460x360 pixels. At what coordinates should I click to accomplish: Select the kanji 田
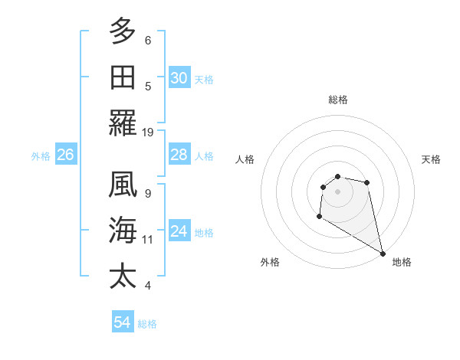[x=123, y=77]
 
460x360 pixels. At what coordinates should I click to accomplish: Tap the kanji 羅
[x=123, y=123]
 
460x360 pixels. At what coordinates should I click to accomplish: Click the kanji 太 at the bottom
[x=123, y=276]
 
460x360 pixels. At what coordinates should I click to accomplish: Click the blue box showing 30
[x=179, y=78]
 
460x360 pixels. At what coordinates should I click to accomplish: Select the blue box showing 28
[x=179, y=155]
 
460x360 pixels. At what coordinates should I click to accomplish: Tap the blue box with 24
[x=179, y=231]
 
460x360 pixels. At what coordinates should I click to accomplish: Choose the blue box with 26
[x=65, y=155]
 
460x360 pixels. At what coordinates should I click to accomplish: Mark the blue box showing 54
[x=122, y=322]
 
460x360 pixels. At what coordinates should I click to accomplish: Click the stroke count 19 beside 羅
[x=148, y=132]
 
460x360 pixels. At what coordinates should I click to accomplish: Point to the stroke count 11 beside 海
[x=148, y=239]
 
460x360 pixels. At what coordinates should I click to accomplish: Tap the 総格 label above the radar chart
[x=338, y=100]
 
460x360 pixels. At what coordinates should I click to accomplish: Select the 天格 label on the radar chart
[x=431, y=159]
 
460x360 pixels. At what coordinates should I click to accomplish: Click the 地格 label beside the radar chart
[x=402, y=262]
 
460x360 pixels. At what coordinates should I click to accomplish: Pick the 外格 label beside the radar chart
[x=270, y=262]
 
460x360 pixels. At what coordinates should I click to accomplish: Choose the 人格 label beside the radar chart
[x=245, y=159]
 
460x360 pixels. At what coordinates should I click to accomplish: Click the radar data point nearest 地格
[x=383, y=253]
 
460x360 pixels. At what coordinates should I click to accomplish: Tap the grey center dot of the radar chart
[x=337, y=191]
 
